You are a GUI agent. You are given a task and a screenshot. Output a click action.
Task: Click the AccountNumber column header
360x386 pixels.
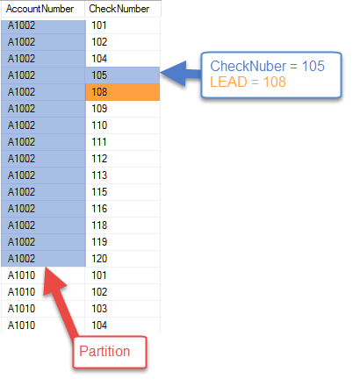40,9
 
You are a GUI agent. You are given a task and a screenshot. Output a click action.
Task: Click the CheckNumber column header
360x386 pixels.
119,9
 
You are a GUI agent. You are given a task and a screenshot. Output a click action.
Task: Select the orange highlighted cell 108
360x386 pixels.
123,92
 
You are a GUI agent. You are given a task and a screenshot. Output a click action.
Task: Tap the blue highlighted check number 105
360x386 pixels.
123,75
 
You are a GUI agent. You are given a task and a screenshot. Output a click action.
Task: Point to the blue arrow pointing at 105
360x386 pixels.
181,74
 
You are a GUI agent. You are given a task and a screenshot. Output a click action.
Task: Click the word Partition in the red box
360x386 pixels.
104,351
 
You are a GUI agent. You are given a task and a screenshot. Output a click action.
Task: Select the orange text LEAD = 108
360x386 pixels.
248,82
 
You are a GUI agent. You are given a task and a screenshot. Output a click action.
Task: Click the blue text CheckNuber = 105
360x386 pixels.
267,66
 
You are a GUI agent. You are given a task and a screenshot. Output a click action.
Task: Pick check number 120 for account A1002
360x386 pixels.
99,259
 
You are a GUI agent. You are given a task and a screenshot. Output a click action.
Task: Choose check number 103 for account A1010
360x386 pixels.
99,309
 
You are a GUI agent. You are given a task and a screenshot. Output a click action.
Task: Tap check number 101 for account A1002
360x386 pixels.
99,25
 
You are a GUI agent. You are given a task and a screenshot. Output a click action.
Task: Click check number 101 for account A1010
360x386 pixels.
99,275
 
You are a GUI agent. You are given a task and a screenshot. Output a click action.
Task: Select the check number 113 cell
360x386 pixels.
99,175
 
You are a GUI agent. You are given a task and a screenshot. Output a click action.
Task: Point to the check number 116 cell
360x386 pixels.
99,209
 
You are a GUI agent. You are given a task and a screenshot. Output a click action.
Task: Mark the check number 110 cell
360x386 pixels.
99,125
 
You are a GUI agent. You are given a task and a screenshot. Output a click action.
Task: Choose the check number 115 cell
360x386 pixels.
99,192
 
